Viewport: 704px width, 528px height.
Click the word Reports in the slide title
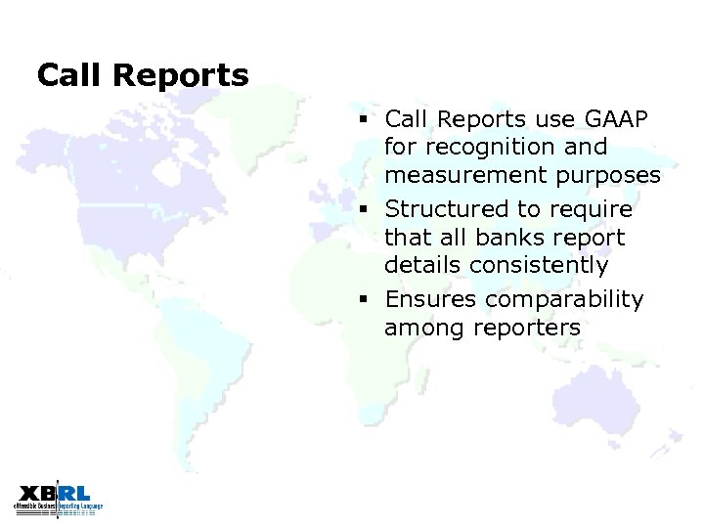pos(181,75)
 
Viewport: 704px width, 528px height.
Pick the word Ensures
pos(433,299)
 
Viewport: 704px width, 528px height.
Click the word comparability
pos(566,299)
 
